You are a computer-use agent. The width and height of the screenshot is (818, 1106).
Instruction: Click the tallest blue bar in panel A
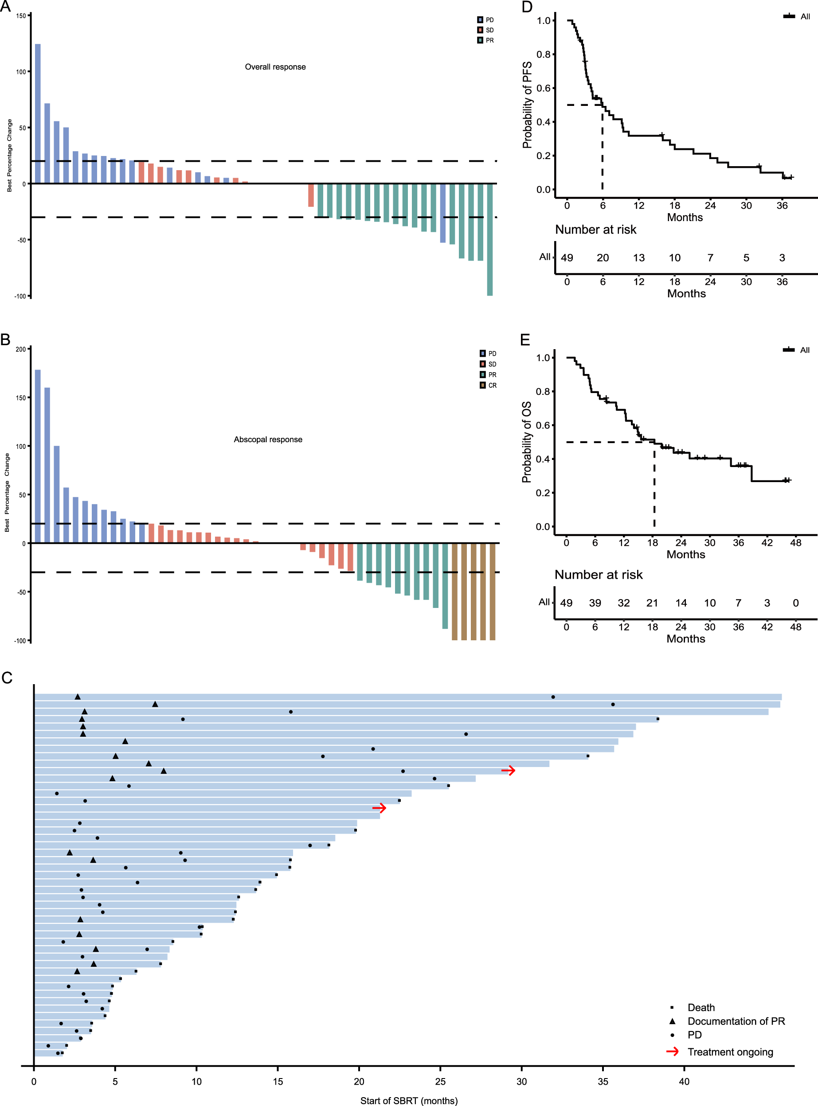pyautogui.click(x=38, y=114)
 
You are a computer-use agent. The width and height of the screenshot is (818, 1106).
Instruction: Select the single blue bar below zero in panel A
pyautogui.click(x=442, y=213)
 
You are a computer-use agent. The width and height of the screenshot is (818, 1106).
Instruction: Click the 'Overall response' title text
pyautogui.click(x=275, y=67)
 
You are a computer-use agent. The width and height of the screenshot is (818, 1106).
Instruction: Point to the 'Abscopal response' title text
pyautogui.click(x=268, y=440)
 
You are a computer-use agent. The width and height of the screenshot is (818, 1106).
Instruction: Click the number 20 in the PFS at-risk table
pyautogui.click(x=603, y=258)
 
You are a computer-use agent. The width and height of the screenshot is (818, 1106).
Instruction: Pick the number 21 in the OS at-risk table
pyautogui.click(x=652, y=603)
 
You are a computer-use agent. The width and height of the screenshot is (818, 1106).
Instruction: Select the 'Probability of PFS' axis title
pyautogui.click(x=527, y=105)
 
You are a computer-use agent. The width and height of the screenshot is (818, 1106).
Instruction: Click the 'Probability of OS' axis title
pyautogui.click(x=526, y=442)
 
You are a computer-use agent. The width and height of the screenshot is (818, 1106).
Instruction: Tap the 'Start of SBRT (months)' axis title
pyautogui.click(x=408, y=1101)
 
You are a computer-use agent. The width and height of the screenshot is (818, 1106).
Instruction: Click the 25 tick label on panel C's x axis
pyautogui.click(x=440, y=1082)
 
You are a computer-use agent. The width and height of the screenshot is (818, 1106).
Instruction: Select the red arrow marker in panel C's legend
pyautogui.click(x=672, y=1051)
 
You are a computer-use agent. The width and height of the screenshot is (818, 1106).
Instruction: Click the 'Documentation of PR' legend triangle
pyautogui.click(x=673, y=1021)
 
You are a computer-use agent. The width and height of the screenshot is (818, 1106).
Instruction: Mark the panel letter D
pyautogui.click(x=527, y=7)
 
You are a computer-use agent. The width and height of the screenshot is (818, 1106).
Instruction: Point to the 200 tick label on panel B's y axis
pyautogui.click(x=20, y=349)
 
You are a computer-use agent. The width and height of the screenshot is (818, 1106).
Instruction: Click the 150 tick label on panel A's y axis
pyautogui.click(x=21, y=16)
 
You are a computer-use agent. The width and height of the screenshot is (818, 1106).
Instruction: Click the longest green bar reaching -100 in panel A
pyautogui.click(x=490, y=240)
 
